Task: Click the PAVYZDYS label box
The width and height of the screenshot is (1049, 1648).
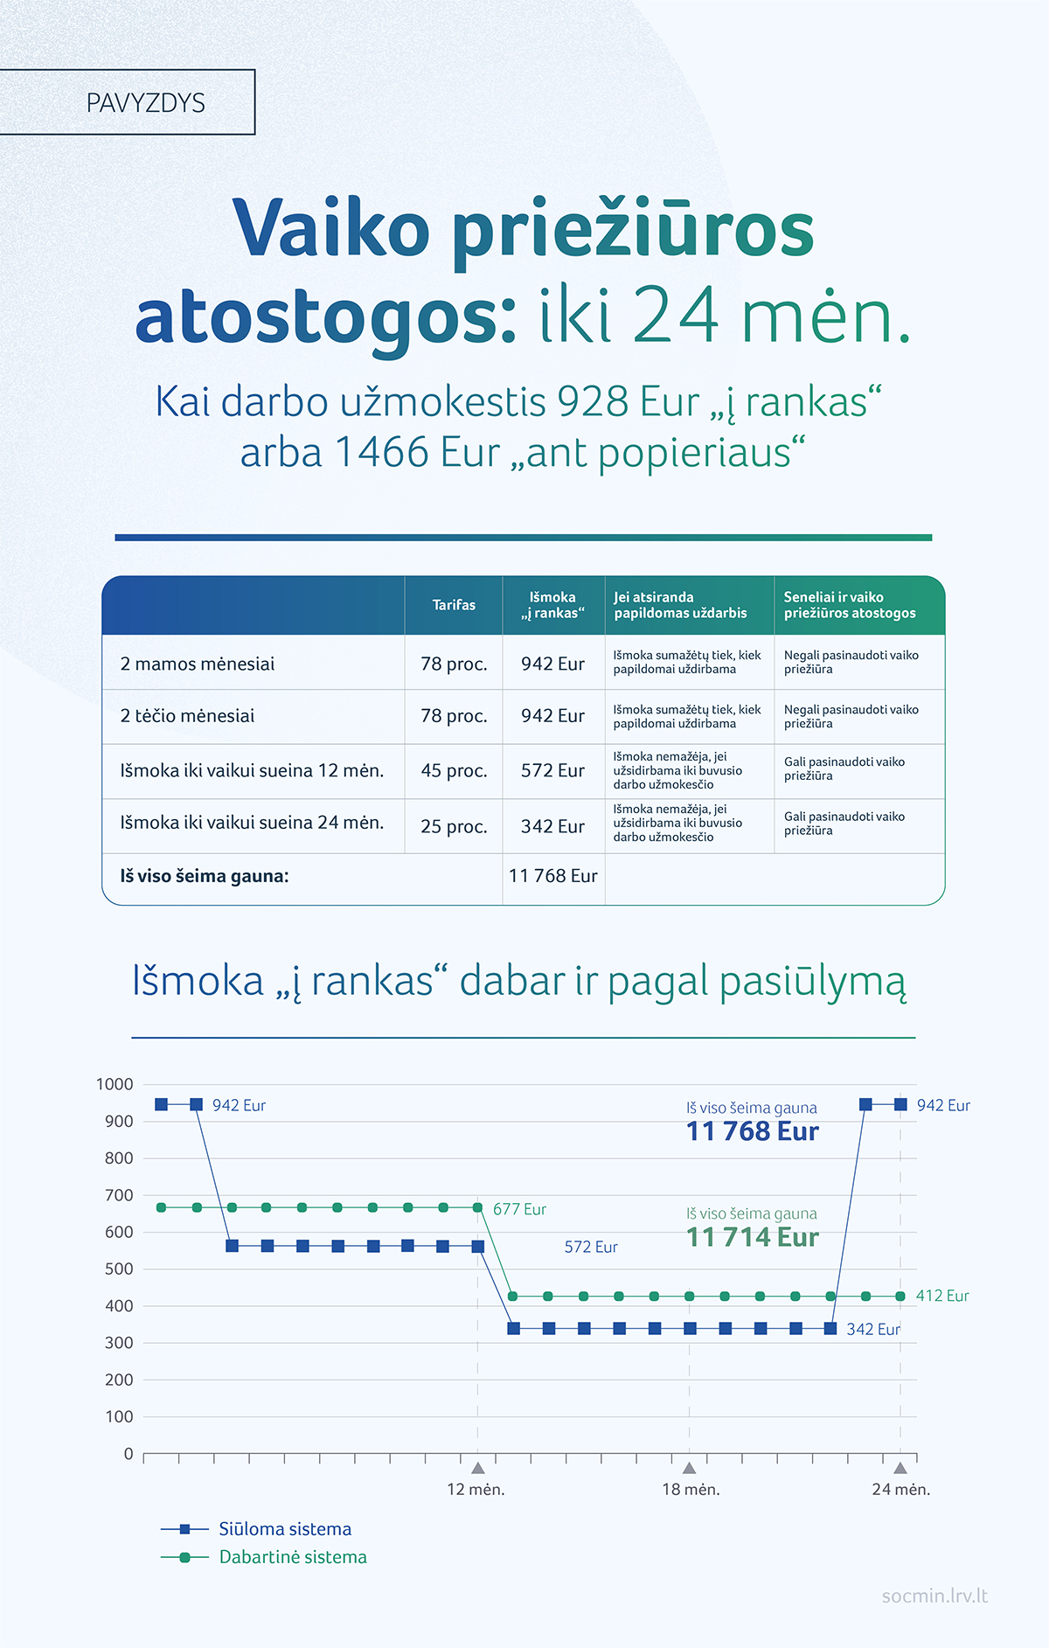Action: click(145, 103)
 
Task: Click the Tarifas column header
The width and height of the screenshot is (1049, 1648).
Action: click(454, 605)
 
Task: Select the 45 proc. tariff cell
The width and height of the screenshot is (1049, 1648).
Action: click(454, 770)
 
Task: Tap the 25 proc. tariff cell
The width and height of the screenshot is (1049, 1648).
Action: click(454, 826)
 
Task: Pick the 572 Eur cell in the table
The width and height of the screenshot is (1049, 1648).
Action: click(552, 770)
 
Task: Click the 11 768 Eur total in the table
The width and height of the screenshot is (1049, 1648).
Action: click(552, 876)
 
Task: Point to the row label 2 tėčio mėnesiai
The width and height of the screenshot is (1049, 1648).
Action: click(187, 716)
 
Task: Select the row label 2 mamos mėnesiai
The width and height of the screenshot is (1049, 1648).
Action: click(197, 664)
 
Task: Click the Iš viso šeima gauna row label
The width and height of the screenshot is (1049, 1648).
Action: click(205, 876)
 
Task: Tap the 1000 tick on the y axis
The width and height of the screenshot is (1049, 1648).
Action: click(115, 1084)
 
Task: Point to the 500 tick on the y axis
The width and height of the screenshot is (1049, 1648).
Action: click(119, 1269)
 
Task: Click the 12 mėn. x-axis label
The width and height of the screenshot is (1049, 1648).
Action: click(476, 1489)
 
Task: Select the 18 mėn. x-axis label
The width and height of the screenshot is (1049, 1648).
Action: click(691, 1489)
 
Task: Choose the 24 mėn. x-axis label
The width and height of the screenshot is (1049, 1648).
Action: click(900, 1489)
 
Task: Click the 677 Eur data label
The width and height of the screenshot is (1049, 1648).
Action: click(519, 1209)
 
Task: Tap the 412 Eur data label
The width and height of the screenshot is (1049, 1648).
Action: click(942, 1296)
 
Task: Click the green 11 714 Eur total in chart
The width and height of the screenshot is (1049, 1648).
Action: click(753, 1237)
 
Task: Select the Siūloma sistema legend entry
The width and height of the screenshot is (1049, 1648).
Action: click(284, 1529)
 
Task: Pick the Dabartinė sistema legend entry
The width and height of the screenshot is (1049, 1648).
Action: click(292, 1557)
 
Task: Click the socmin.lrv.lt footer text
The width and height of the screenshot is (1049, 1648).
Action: click(934, 1596)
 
